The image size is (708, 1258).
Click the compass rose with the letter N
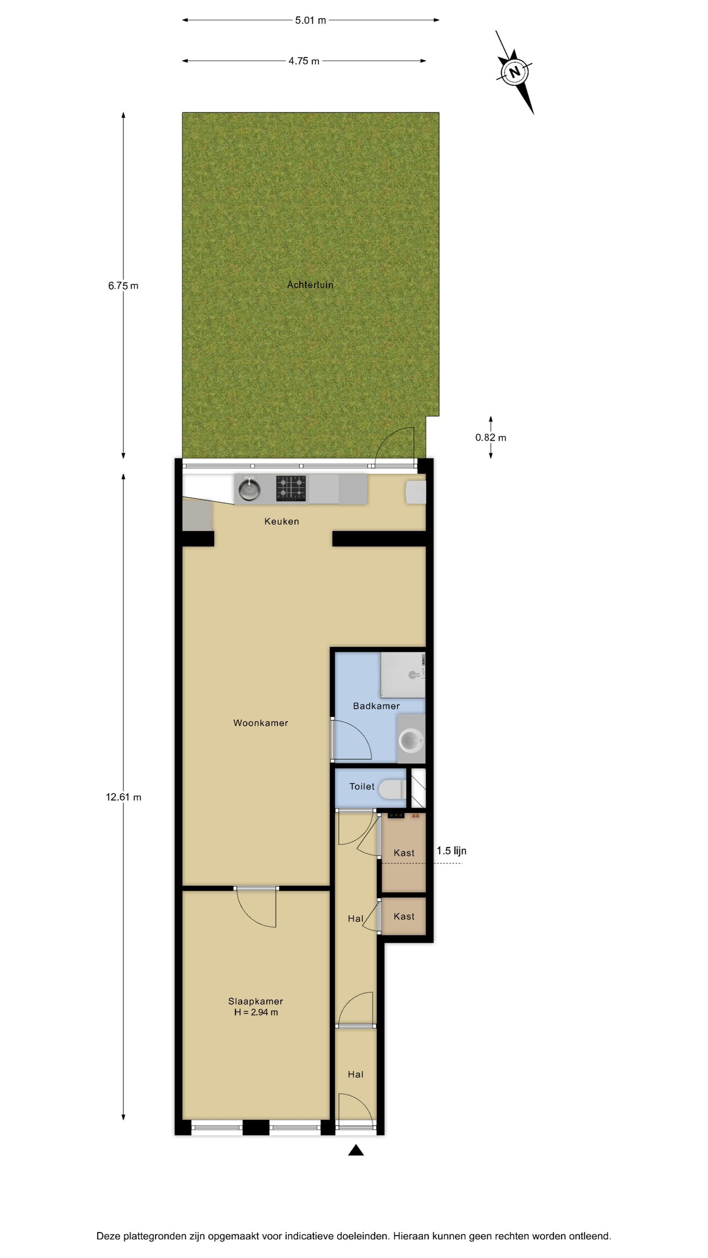pos(514,72)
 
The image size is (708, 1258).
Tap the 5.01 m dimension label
pos(310,21)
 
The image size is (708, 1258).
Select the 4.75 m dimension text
pos(303,61)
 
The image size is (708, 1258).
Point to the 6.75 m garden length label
pos(123,286)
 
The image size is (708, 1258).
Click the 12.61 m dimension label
pos(124,797)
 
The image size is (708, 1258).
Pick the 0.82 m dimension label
pos(490,438)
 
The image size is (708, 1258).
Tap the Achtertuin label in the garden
pos(310,285)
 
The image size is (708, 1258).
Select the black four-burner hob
pos(291,488)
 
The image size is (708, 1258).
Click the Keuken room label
pos(281,522)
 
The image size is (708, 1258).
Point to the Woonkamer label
pos(260,723)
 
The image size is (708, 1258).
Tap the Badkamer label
pos(376,706)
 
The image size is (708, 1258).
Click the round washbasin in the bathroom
pos(410,740)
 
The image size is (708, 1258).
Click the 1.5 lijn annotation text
pos(451,851)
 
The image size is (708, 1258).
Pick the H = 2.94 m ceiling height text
pos(256,1013)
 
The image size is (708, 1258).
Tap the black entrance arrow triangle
pos(356,1150)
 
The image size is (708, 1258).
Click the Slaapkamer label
pos(256,1001)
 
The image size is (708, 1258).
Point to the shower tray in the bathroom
pos(403,675)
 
